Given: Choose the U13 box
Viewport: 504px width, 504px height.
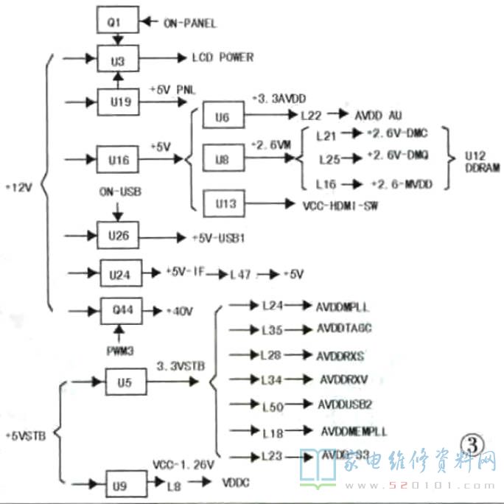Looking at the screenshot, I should tap(225, 203).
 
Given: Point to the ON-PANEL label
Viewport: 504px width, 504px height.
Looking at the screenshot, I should tap(190, 24).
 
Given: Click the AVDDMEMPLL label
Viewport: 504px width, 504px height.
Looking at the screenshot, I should tap(354, 431).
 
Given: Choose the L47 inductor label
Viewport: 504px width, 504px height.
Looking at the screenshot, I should tap(240, 274).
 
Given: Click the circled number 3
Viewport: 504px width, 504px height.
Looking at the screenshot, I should tap(471, 443).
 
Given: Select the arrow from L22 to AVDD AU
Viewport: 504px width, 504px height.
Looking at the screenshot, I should tap(336, 114).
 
